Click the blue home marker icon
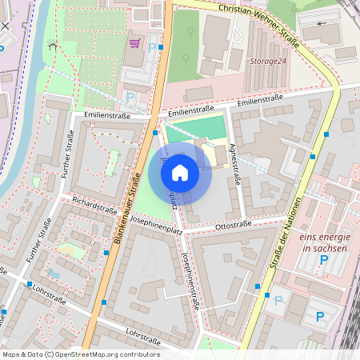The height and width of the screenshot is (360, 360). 180,172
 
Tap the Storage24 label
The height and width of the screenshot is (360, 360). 267,61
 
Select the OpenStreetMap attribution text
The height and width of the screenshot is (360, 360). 81,354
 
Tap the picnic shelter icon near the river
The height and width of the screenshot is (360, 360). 53,46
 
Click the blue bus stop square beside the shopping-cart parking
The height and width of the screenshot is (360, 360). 162,46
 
